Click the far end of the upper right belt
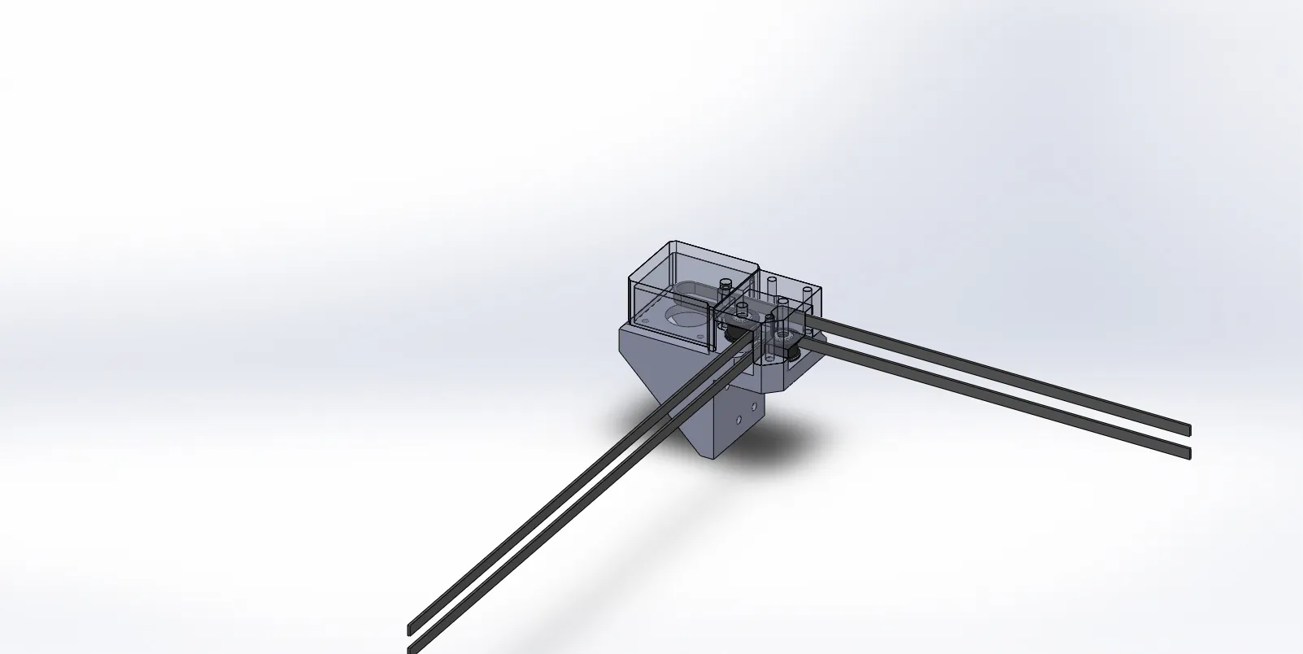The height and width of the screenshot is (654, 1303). click(1189, 429)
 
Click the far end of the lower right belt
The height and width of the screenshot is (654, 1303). click(1189, 452)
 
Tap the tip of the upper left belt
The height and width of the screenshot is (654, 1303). click(409, 630)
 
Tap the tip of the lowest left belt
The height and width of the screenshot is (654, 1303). click(409, 649)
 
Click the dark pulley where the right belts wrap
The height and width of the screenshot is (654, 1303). click(791, 351)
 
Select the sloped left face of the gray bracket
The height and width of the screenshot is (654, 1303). click(651, 373)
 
